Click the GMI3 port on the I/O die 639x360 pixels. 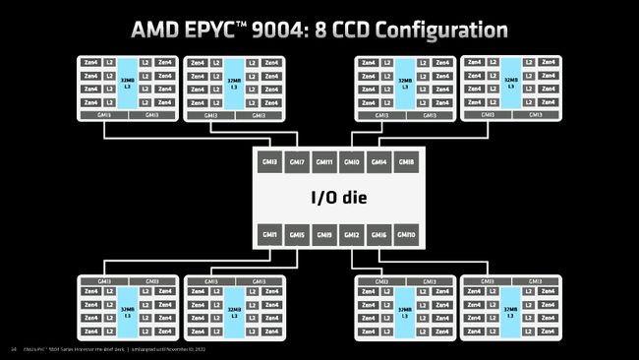(269, 162)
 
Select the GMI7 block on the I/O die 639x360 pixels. (297, 162)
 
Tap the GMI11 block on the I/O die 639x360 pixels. (324, 162)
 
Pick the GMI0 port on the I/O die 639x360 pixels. (352, 162)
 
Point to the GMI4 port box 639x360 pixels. (379, 162)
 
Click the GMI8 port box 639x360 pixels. (407, 162)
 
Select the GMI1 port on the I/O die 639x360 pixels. (269, 235)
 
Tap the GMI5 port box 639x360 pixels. (297, 235)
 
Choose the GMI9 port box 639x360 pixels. (324, 235)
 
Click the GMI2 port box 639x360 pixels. (352, 235)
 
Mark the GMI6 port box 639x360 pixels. (379, 235)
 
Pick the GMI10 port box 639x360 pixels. (407, 235)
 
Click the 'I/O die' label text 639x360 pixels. (337, 199)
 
